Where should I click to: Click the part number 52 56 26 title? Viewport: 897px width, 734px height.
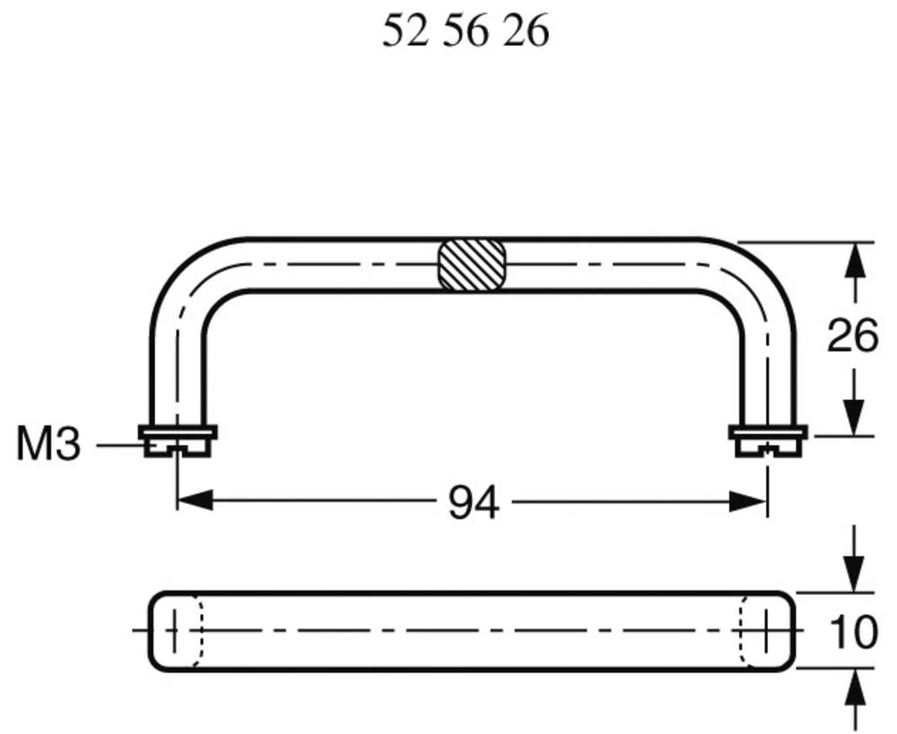point(465,33)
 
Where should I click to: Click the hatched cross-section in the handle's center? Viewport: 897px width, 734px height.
point(469,266)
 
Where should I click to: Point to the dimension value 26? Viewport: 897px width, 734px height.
point(853,338)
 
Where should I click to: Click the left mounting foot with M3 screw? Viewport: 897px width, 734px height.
point(178,440)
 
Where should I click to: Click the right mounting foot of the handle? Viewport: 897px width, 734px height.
point(768,440)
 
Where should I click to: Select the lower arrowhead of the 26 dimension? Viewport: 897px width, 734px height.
point(856,418)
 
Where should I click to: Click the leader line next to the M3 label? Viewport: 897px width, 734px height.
point(117,445)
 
